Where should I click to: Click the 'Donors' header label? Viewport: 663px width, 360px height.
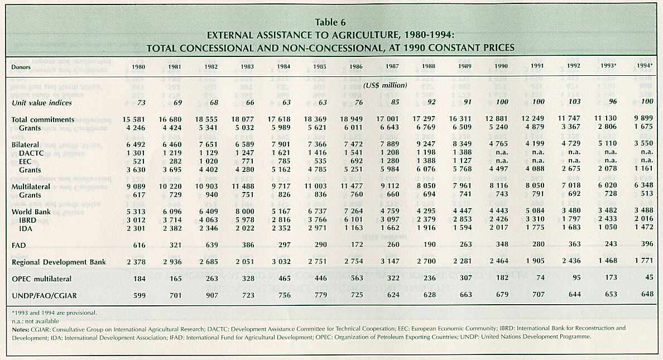(x=21, y=66)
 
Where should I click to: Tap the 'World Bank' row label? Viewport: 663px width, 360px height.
(x=31, y=212)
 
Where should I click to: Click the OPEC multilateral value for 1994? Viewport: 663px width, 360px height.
(x=647, y=277)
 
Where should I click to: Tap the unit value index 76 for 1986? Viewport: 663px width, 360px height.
(x=352, y=103)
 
